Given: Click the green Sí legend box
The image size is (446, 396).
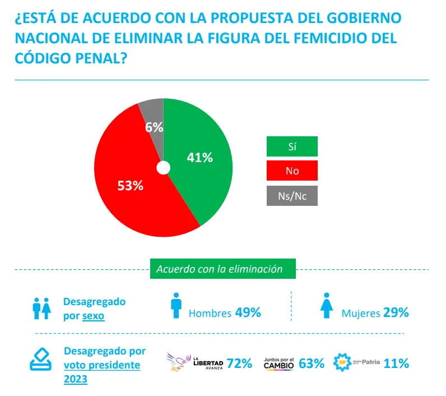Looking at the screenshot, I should pos(291,146).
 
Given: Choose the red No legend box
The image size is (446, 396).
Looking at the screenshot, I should pos(291,171).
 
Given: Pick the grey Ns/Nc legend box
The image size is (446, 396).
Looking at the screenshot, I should pos(291,196).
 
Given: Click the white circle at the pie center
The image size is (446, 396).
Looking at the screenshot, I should pos(163,168).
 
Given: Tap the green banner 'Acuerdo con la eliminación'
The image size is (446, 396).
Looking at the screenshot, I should pos(222,269).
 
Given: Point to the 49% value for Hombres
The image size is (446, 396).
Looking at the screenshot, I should pos(248,312).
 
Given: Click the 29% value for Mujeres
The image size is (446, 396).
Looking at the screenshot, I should pos(396,312).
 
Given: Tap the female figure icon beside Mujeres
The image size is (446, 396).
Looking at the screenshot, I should pos(327,306).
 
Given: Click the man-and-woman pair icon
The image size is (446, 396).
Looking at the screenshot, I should pos(42,307).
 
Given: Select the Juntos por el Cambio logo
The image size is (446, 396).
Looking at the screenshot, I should pos(278,363).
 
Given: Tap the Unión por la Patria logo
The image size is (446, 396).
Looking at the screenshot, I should pos(356,362).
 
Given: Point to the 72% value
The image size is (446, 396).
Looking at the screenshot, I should pos(239,363).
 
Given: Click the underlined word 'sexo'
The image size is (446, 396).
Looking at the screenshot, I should pos(94,316).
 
